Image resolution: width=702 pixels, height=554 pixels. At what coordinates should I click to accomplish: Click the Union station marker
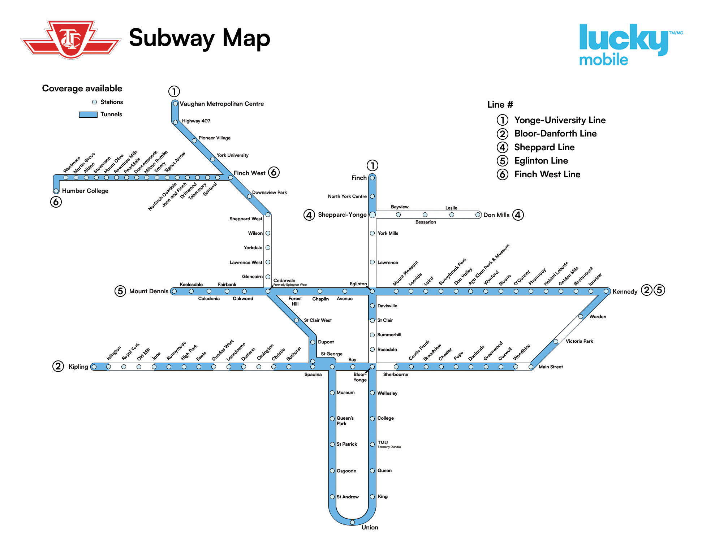click(352, 522)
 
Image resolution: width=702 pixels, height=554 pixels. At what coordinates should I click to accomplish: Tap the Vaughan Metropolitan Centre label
click(221, 104)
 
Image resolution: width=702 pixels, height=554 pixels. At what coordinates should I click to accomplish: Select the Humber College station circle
click(56, 191)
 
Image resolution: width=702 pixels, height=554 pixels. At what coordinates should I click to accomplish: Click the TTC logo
click(71, 39)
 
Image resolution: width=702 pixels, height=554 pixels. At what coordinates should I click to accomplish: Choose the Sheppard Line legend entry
click(544, 147)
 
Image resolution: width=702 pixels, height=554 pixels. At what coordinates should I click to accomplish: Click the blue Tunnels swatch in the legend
click(88, 114)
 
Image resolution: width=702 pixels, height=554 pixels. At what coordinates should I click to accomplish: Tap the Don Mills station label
click(496, 215)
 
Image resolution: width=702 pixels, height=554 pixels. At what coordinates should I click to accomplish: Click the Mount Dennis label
click(148, 291)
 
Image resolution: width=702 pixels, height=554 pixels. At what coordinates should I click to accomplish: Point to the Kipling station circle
click(94, 367)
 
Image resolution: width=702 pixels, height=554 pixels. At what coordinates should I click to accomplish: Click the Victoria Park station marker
click(556, 341)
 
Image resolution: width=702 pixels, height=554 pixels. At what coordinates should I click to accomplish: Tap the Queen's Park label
click(345, 421)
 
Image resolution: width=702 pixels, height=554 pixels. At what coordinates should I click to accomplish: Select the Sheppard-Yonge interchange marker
click(372, 215)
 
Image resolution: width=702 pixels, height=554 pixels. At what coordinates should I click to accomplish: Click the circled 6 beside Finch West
click(274, 172)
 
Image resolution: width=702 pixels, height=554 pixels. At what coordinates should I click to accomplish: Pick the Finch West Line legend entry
click(547, 174)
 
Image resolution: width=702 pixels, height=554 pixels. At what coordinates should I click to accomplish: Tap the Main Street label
click(550, 367)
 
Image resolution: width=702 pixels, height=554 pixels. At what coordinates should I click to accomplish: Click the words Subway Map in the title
click(199, 38)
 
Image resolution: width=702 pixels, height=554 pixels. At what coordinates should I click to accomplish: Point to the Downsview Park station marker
click(249, 196)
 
